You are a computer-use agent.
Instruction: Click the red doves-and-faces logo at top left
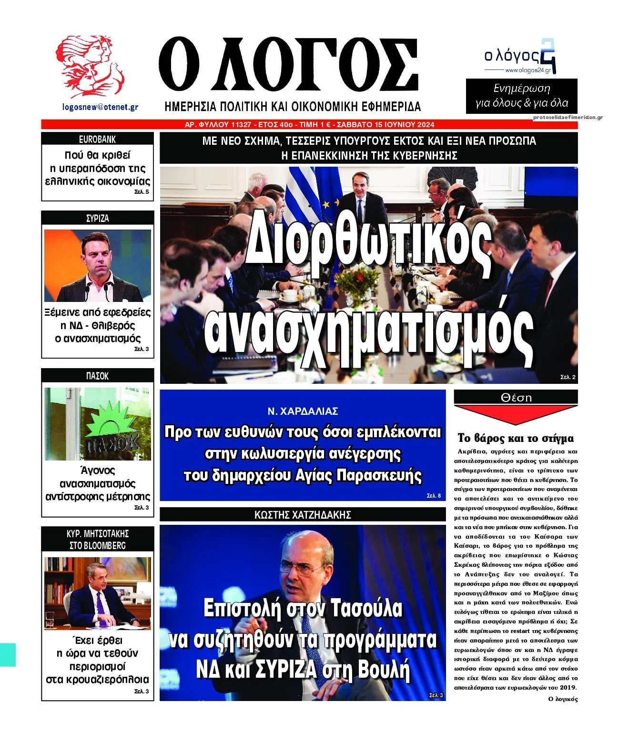(x=90, y=66)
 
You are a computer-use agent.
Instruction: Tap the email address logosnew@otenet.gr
(x=100, y=107)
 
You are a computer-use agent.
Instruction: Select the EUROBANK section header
(x=97, y=139)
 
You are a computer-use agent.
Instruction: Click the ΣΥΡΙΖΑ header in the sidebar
(x=97, y=218)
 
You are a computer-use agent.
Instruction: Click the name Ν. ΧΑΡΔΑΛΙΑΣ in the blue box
(x=303, y=411)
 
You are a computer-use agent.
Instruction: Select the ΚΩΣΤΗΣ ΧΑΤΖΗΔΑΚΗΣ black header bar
(x=303, y=514)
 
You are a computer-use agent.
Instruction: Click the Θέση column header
(x=516, y=397)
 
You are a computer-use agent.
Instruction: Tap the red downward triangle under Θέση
(x=515, y=414)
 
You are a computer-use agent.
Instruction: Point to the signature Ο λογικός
(x=563, y=699)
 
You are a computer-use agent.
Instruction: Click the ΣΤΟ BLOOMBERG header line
(x=97, y=545)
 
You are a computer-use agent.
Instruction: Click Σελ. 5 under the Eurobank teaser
(x=142, y=192)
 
